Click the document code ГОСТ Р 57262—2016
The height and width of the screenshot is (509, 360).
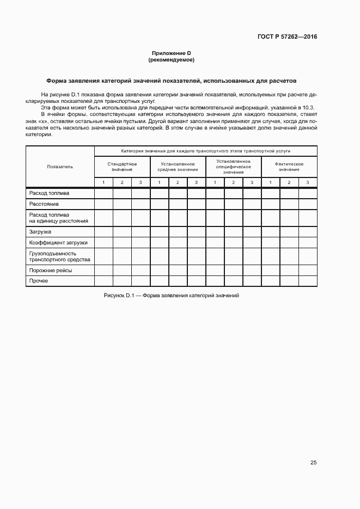[287, 37]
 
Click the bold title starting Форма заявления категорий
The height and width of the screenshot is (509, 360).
[171, 81]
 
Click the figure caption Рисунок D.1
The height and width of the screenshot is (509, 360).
[171, 295]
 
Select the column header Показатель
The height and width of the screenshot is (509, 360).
[60, 167]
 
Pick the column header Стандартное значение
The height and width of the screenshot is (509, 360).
[123, 167]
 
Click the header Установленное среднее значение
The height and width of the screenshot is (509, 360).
[178, 167]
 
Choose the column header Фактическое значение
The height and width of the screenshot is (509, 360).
[289, 167]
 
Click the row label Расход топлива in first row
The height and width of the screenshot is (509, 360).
[50, 193]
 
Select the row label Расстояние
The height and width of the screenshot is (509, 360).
[44, 204]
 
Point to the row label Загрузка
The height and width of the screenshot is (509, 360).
[40, 231]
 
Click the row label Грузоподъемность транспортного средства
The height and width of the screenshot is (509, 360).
[53, 256]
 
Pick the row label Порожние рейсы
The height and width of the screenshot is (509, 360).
[51, 270]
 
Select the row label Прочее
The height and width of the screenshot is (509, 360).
[39, 281]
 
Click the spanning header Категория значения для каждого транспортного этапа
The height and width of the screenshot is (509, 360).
[205, 150]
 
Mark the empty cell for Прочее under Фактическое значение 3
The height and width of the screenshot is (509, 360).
[308, 281]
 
